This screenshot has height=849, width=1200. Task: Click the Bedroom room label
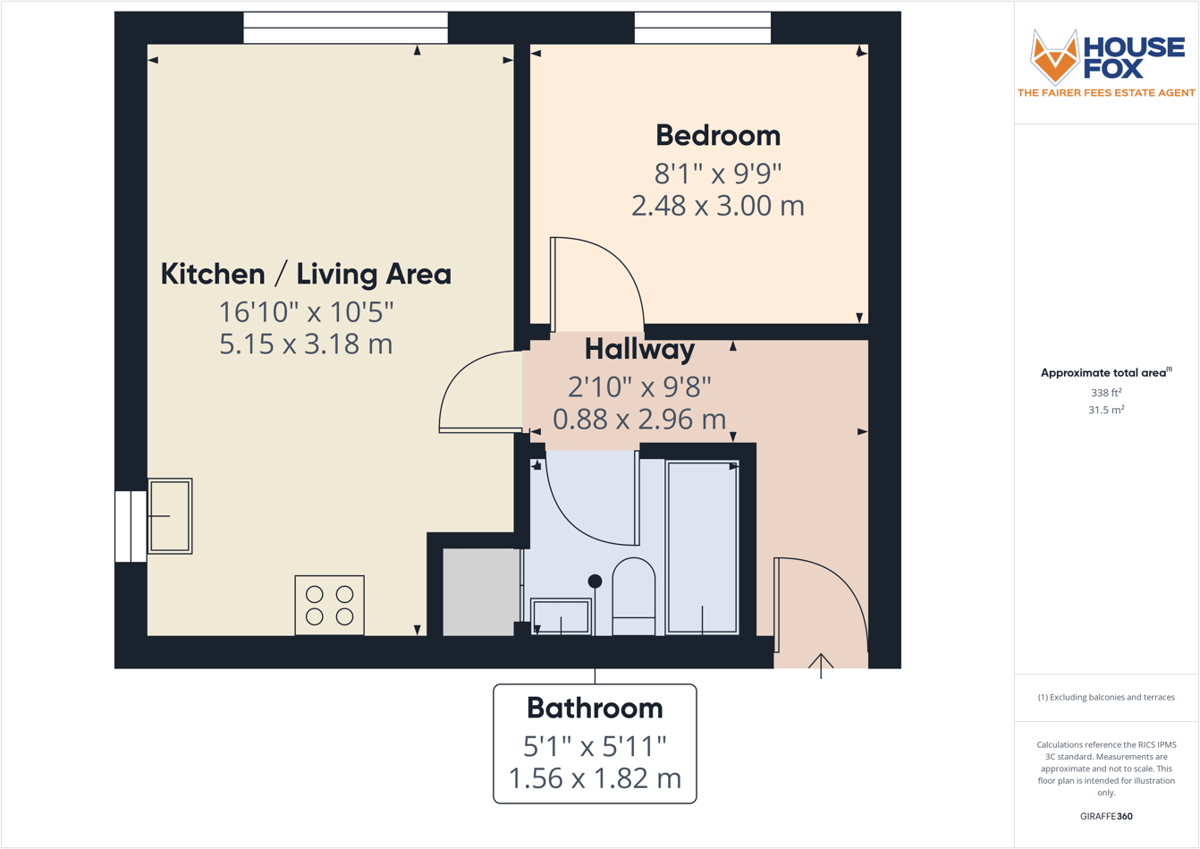tap(717, 135)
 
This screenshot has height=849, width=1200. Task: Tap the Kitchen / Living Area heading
tap(306, 274)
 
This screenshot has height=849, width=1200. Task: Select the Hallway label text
tap(639, 349)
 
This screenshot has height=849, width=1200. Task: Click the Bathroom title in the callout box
tap(595, 708)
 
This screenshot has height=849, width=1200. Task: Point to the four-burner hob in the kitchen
tap(329, 606)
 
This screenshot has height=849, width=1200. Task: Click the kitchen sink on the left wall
tap(170, 516)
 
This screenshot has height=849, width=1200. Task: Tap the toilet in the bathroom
tap(633, 595)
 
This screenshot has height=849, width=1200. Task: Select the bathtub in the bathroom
tap(702, 548)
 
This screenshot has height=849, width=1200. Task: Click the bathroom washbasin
tap(561, 616)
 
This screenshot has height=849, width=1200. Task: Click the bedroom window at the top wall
tap(702, 28)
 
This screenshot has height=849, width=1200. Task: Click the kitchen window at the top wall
tap(345, 28)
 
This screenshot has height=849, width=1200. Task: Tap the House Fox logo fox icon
tap(1054, 56)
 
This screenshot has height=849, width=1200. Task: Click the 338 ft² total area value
tap(1105, 392)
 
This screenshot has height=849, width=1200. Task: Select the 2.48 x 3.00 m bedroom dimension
tap(717, 206)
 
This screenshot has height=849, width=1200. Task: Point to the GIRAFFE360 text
tap(1106, 816)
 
